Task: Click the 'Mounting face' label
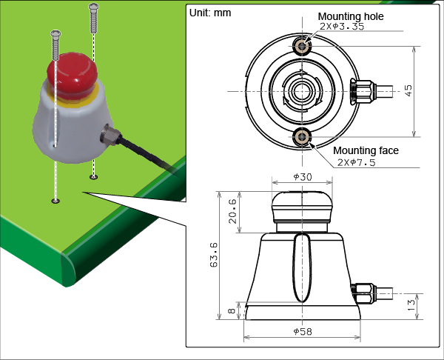pyautogui.click(x=366, y=150)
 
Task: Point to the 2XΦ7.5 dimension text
pyautogui.click(x=356, y=161)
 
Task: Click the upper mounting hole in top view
pyautogui.click(x=302, y=47)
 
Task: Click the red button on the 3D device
pyautogui.click(x=72, y=72)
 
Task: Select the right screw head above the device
pyautogui.click(x=92, y=7)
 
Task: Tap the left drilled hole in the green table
pyautogui.click(x=55, y=201)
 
